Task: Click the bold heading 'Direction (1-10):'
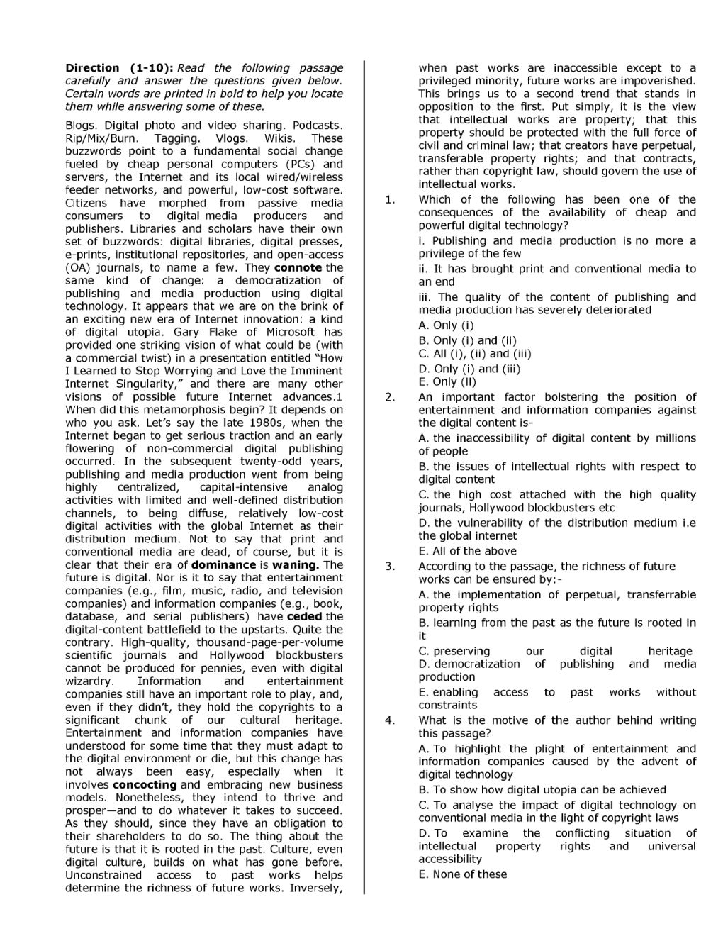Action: pos(118,68)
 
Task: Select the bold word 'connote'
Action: pos(298,267)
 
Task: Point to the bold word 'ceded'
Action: pos(304,617)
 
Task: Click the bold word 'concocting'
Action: pos(145,785)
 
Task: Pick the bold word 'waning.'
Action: pos(296,565)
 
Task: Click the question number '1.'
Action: pos(390,200)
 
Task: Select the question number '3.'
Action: pos(390,567)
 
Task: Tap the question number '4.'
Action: pos(390,720)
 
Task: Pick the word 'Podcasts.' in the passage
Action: pos(318,126)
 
